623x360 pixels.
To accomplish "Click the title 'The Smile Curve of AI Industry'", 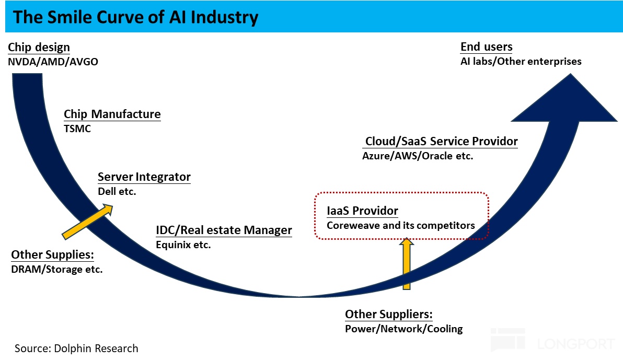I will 135,17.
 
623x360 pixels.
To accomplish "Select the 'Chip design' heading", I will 39,47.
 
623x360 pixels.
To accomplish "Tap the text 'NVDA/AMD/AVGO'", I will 53,62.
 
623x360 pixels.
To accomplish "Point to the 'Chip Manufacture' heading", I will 112,114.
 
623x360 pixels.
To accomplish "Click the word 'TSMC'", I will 77,129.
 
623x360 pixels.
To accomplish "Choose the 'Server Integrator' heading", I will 144,177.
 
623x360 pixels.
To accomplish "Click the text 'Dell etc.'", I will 117,191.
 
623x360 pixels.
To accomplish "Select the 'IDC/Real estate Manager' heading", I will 224,230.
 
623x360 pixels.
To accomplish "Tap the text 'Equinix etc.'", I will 183,244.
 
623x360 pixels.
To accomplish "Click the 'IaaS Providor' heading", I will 362,211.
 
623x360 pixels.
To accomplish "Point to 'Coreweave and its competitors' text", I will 401,226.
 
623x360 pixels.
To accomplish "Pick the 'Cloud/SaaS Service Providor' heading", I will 441,141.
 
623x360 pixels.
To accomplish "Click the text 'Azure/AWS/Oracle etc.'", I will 418,156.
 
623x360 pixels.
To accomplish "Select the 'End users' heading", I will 486,47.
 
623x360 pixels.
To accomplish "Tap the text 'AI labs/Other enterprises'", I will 521,62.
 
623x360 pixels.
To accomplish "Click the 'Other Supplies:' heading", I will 52,255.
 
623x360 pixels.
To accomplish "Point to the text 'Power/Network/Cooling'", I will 403,329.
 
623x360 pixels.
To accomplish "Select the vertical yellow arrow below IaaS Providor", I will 406,263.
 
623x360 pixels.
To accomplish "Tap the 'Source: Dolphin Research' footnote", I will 76,349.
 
